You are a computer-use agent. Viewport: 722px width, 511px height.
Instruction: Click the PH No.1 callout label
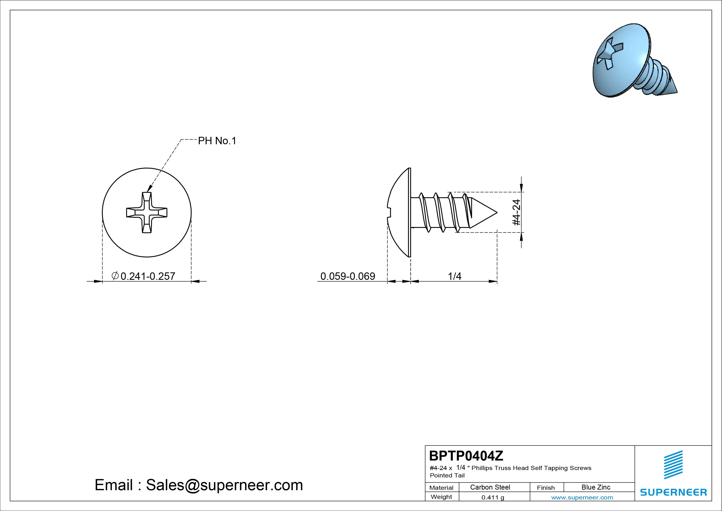coord(217,141)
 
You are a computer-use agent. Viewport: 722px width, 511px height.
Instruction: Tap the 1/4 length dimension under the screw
coord(454,276)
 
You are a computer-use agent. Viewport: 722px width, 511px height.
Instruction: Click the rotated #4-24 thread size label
coord(516,212)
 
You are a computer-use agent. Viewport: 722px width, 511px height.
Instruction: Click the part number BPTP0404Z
coord(466,456)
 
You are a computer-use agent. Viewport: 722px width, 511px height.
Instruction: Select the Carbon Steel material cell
coord(490,487)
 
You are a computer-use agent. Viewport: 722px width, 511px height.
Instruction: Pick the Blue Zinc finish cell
coord(596,487)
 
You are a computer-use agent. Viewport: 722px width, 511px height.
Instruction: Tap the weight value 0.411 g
coord(493,497)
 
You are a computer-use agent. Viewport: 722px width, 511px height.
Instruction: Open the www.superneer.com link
coord(582,497)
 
